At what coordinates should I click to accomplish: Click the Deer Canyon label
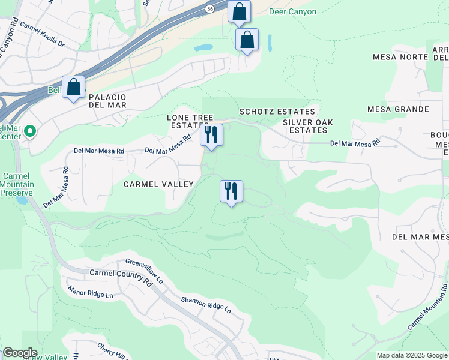click(x=293, y=11)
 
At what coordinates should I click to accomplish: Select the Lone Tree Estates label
click(x=190, y=121)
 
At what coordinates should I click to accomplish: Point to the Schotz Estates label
click(x=277, y=112)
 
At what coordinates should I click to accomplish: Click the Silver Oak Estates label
click(x=308, y=126)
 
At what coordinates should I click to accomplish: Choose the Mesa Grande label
click(x=400, y=109)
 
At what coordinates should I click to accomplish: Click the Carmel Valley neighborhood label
click(x=158, y=184)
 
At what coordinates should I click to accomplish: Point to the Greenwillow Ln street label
click(x=144, y=271)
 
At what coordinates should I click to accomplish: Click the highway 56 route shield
click(x=209, y=9)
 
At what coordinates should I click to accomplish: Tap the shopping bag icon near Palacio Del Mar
click(x=74, y=87)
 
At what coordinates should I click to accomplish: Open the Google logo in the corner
click(x=20, y=353)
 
